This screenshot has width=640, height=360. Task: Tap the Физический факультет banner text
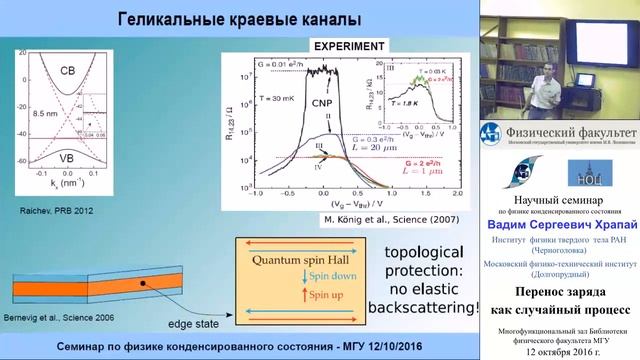point(571,133)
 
